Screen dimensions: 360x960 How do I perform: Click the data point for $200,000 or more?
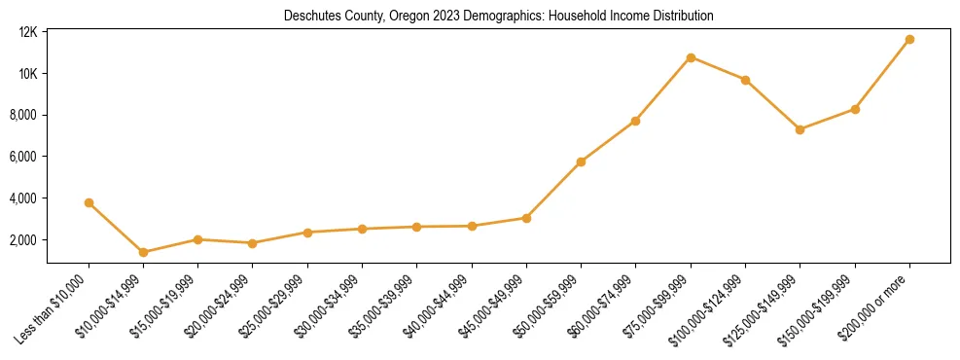(909, 40)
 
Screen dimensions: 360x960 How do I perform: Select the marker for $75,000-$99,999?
(691, 57)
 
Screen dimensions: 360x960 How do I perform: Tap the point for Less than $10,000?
(89, 203)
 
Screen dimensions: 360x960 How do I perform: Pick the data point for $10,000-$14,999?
(143, 252)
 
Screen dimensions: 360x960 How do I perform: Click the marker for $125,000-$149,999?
(800, 129)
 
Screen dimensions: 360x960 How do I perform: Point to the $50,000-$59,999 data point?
(581, 162)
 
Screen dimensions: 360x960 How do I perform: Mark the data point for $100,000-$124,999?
(745, 80)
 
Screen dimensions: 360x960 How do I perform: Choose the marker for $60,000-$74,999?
(635, 121)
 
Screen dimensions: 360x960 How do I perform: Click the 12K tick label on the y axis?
(28, 32)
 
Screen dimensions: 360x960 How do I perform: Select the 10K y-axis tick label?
(28, 74)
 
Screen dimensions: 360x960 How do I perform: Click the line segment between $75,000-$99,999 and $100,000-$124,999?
(718, 68)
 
